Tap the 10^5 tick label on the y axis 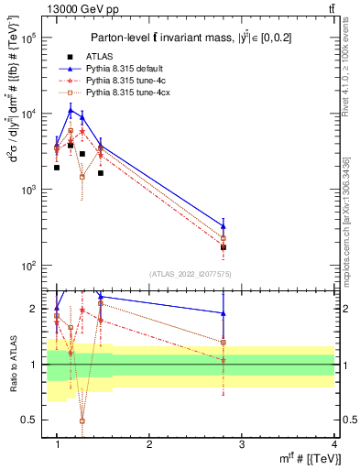pos(27,38)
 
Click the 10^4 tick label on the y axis pos(27,115)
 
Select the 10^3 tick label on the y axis pos(27,190)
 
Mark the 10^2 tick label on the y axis pos(27,266)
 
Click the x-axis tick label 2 pos(149,444)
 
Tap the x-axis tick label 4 pos(334,444)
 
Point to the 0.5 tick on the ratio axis pos(29,420)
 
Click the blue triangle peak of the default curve pos(71,110)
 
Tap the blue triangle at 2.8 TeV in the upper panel pos(224,225)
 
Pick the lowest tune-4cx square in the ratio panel pos(82,420)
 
